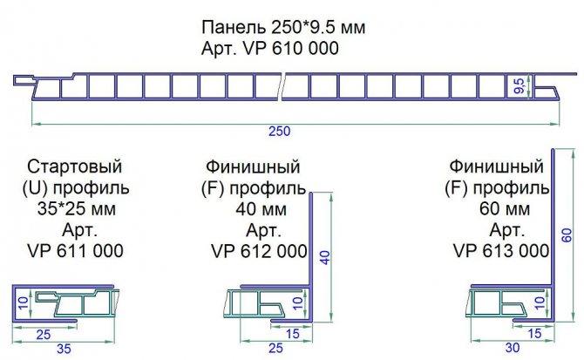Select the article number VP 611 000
[x=74, y=251]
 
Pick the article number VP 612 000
[x=259, y=251]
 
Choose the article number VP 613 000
[x=501, y=251]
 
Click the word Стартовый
[x=74, y=166]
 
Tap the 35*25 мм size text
[x=74, y=209]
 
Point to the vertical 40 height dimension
[x=324, y=257]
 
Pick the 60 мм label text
[x=501, y=209]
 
